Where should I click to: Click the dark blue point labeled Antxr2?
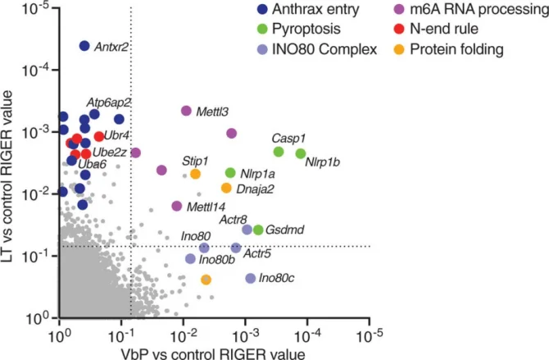point(84,46)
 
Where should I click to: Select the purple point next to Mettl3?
point(186,111)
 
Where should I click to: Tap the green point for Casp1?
point(279,152)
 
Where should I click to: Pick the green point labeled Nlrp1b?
point(301,154)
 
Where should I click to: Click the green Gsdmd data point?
point(258,230)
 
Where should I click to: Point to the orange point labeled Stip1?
point(196,174)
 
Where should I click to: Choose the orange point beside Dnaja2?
point(227,188)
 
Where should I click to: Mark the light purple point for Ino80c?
point(251,279)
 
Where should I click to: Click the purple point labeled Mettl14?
point(177,207)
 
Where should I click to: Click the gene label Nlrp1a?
point(257,174)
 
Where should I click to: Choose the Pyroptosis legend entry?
point(293,31)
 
